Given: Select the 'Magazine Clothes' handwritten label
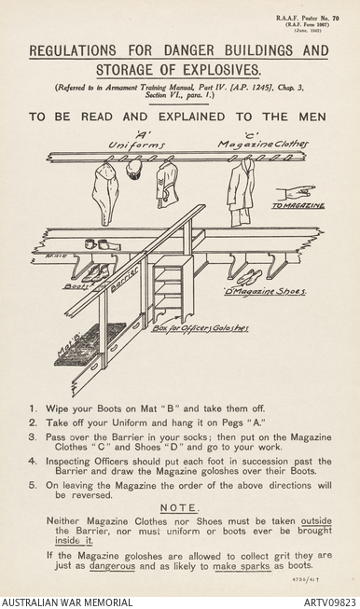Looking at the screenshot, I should [262, 145].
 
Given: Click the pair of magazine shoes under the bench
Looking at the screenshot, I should [248, 277].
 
